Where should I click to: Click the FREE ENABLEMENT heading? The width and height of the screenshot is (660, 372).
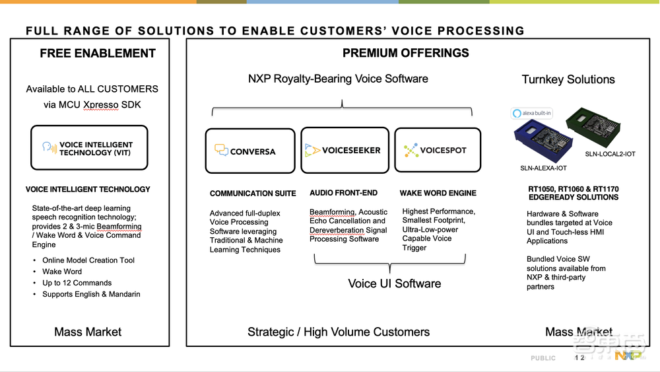[x=98, y=54]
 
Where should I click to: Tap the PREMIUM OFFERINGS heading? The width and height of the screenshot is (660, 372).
[x=405, y=54]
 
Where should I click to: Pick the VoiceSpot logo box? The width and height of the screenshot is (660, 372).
[x=437, y=150]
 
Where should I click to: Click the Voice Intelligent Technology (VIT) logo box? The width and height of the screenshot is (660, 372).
[x=89, y=148]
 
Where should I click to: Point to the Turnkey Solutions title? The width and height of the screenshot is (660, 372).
[x=568, y=79]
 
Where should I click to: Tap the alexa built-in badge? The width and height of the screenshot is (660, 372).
[x=532, y=113]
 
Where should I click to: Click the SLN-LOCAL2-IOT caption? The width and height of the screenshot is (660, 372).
[x=610, y=154]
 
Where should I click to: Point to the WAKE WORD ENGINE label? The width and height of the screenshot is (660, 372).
[x=438, y=193]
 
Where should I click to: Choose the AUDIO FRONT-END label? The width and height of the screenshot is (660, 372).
[x=343, y=193]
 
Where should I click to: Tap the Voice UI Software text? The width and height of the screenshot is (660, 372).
[x=394, y=283]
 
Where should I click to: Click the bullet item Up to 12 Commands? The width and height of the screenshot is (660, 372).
[x=77, y=283]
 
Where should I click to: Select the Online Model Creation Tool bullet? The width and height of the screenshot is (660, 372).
[x=88, y=260]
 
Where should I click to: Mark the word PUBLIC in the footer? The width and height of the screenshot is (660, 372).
[x=543, y=358]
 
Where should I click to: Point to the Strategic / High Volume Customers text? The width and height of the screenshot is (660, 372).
[x=338, y=332]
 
